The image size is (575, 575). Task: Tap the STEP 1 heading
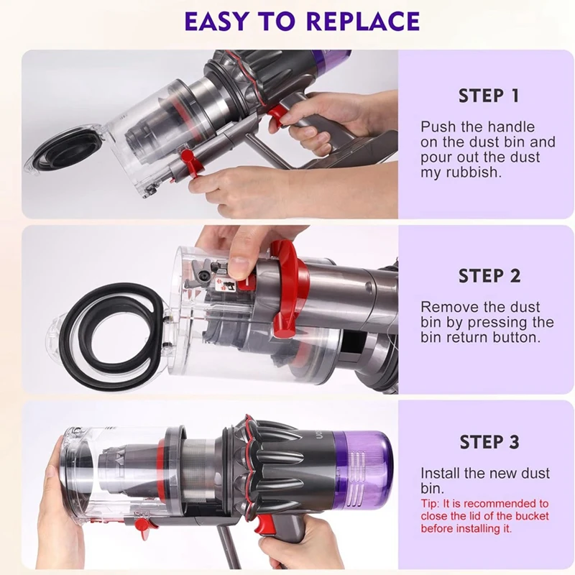488,96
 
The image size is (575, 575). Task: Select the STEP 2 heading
488,276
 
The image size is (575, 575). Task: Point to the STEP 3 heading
488,442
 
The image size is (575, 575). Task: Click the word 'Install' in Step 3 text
443,474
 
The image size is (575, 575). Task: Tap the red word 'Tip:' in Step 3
432,503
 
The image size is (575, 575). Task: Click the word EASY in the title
216,21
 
